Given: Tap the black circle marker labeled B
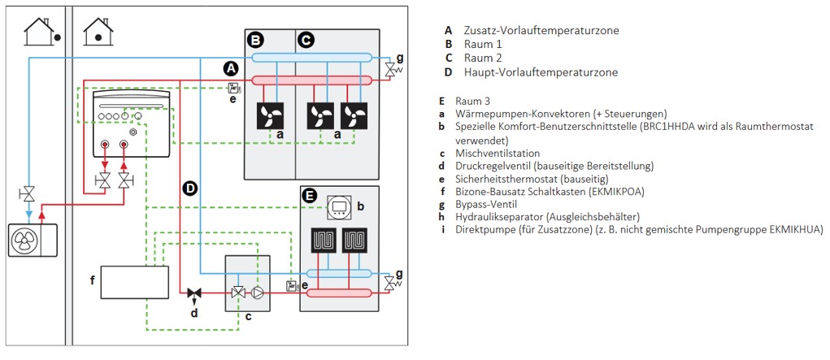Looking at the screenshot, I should [x=256, y=39].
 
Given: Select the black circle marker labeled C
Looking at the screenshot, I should [x=306, y=39].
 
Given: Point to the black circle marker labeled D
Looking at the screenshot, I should [x=190, y=189].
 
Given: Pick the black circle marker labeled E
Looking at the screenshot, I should [x=310, y=195].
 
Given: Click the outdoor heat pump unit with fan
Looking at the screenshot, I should [x=28, y=240].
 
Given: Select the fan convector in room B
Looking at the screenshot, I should [x=270, y=115].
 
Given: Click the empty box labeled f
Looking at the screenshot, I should [x=134, y=280].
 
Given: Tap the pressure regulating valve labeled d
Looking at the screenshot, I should [x=194, y=293].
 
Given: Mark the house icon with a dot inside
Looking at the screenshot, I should [x=98, y=32].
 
